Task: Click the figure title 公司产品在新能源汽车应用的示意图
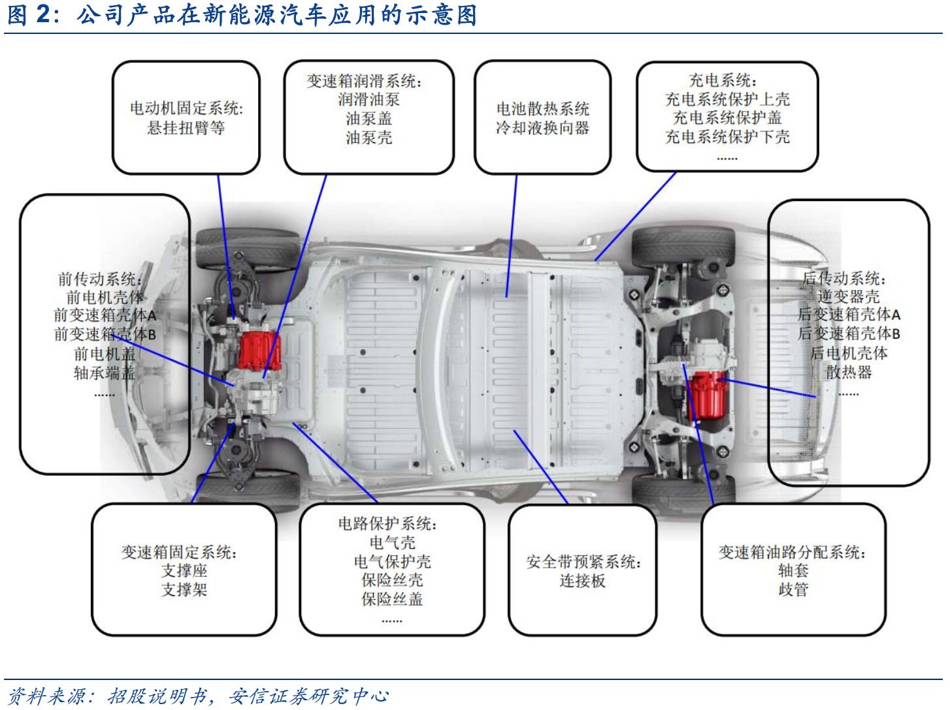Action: [x=277, y=15]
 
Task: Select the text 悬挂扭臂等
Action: [x=186, y=127]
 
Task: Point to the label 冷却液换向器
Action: [x=543, y=127]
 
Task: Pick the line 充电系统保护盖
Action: [x=727, y=117]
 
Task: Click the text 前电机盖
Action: [x=105, y=354]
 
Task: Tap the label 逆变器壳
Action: [x=848, y=296]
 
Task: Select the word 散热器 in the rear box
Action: [x=848, y=371]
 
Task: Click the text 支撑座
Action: [x=184, y=570]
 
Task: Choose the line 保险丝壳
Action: [x=392, y=580]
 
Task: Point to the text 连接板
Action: [x=583, y=580]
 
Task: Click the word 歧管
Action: [x=793, y=589]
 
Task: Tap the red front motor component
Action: [x=259, y=351]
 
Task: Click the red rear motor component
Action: [x=707, y=397]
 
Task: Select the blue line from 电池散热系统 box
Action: [x=512, y=236]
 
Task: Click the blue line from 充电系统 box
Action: [x=635, y=217]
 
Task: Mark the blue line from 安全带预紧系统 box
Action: [x=540, y=467]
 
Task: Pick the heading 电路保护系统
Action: [x=387, y=523]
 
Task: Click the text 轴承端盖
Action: [x=105, y=373]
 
